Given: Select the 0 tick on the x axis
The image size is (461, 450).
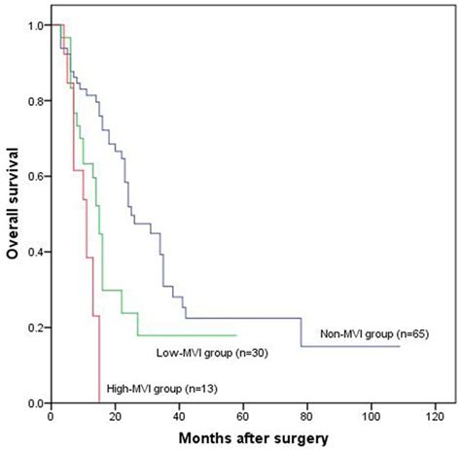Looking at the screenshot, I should (51, 416).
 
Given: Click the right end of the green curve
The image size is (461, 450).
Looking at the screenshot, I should (236, 335).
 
